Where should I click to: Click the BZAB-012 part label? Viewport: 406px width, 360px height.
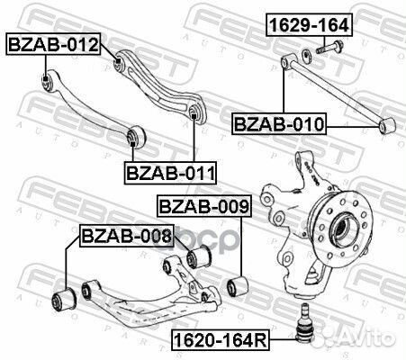tap(53, 42)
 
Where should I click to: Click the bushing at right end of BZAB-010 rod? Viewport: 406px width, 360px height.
tap(388, 124)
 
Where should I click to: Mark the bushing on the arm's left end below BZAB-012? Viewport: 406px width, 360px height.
tap(48, 83)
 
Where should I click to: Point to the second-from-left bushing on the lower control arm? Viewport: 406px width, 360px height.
tap(88, 290)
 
